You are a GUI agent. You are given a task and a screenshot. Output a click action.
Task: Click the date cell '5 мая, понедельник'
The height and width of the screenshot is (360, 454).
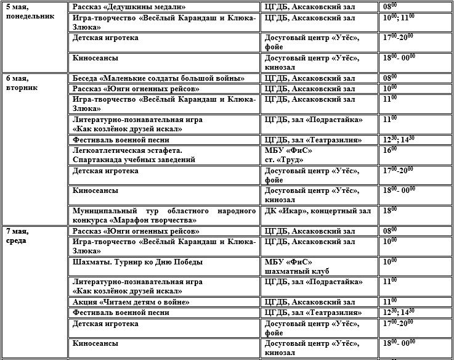coord(25,12)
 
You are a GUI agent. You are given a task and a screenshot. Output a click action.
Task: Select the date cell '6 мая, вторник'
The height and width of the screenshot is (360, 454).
coord(22,83)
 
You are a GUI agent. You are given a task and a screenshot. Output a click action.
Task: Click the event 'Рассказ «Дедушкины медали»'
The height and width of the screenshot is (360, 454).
coord(129,7)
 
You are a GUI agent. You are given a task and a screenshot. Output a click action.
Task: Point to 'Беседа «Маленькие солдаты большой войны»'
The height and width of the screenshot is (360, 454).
coord(158,78)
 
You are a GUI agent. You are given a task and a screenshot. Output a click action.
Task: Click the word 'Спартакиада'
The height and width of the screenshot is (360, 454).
coord(99,160)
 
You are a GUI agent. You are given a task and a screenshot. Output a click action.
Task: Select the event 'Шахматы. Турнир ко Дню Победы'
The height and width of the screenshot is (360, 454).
coord(137,262)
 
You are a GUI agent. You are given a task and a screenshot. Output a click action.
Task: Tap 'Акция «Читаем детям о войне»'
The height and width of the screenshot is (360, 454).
coord(131,302)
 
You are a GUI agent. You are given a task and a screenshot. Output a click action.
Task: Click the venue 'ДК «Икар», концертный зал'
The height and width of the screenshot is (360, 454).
coord(317,211)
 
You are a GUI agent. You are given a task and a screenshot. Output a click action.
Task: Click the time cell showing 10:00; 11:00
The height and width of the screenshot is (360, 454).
coord(399,17)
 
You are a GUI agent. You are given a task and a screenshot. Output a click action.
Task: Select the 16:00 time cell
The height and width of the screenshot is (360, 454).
coord(390,150)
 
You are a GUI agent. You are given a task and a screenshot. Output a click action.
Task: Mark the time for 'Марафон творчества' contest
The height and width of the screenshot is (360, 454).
coord(390,210)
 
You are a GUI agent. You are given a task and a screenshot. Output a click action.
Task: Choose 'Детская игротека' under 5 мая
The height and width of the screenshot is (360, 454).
coord(105,38)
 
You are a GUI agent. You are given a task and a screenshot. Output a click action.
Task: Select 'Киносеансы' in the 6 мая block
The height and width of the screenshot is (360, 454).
coord(95,190)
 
